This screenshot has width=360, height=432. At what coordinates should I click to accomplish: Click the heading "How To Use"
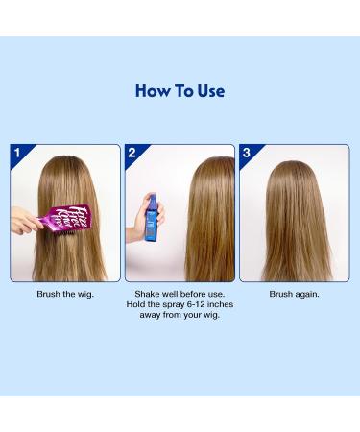click(180, 92)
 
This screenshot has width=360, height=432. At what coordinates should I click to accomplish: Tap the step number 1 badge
click(17, 152)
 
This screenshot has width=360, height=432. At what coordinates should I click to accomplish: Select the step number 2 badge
click(132, 152)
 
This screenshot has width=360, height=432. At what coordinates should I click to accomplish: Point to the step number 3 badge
click(246, 152)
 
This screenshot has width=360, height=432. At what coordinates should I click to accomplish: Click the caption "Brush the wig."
click(65, 293)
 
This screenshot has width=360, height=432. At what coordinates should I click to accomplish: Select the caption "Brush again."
click(294, 293)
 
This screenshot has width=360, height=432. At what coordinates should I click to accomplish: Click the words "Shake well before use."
click(180, 293)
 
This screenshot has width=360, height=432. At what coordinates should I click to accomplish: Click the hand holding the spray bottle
click(145, 213)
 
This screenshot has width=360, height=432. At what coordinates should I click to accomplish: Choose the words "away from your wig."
click(180, 314)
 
